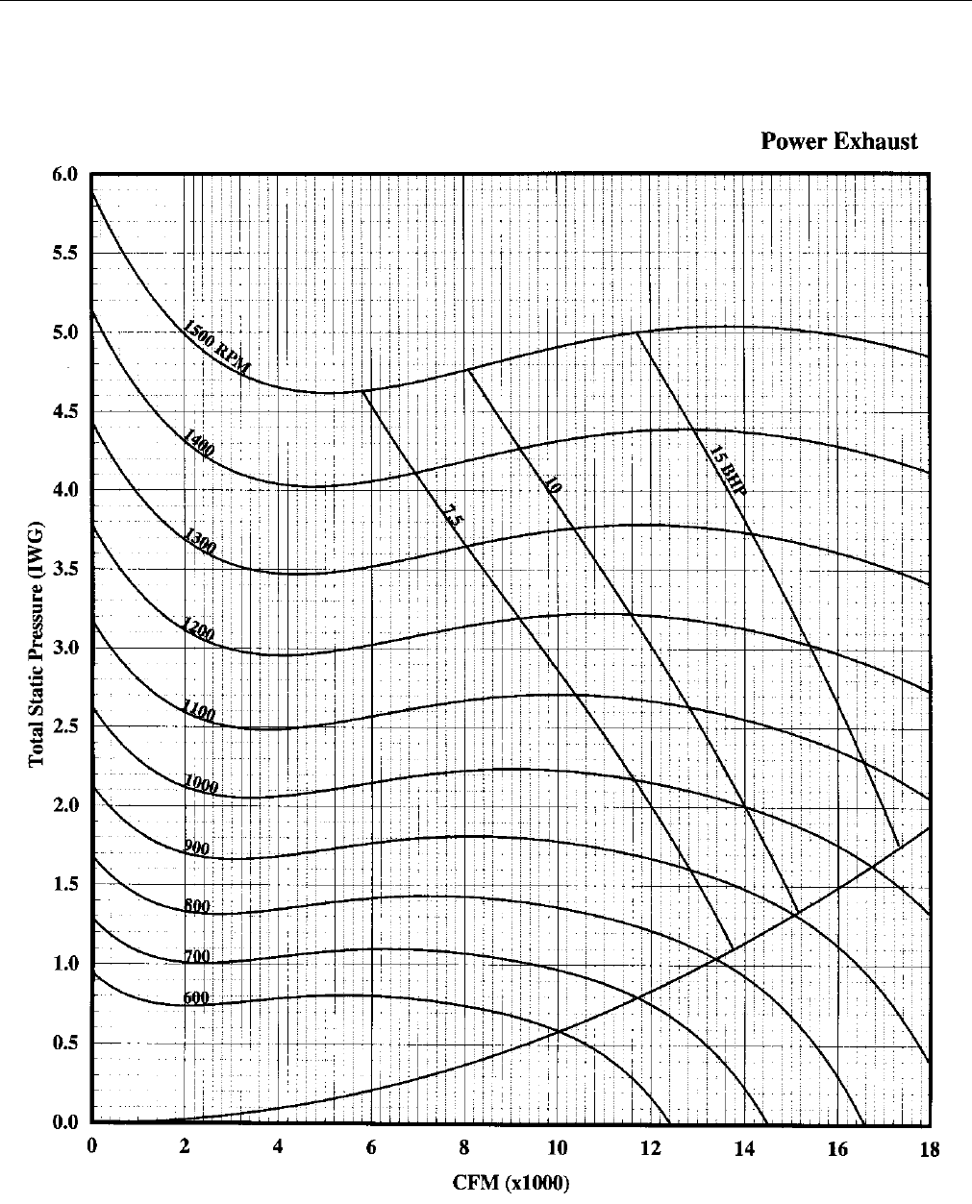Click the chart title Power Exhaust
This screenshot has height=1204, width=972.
pos(838,141)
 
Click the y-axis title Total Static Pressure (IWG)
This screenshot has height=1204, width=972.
pos(37,650)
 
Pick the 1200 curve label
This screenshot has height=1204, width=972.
pos(198,632)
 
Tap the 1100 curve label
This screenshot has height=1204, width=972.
pos(198,712)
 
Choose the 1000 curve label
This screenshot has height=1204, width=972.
pos(201,784)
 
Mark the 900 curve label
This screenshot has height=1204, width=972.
pos(196,848)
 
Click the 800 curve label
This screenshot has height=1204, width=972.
pos(196,906)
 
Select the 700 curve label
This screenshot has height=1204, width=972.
pos(196,957)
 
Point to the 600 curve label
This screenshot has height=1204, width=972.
pos(196,998)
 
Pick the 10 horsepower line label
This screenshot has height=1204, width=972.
pos(552,485)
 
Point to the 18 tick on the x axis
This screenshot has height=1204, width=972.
pos(929,1148)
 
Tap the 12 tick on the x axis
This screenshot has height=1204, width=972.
pos(650,1148)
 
